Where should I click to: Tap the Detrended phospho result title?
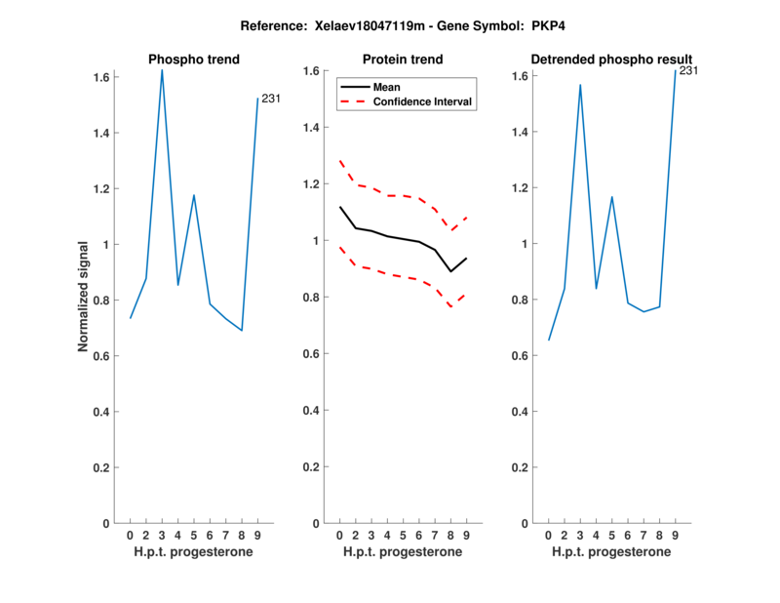pos(611,60)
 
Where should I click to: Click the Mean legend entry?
pos(387,87)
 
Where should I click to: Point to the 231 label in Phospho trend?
pos(271,98)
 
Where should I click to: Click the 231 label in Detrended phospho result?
pos(688,70)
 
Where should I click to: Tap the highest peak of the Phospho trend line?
pos(162,70)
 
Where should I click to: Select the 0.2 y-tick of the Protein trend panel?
pos(313,467)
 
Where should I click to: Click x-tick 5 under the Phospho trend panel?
pos(194,536)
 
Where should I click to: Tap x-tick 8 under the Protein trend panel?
pos(450,536)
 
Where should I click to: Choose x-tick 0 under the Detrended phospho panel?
pos(549,536)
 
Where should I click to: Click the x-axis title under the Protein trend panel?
pos(402,552)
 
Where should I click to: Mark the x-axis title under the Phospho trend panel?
pos(194,552)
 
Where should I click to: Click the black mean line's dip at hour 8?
pos(450,271)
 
